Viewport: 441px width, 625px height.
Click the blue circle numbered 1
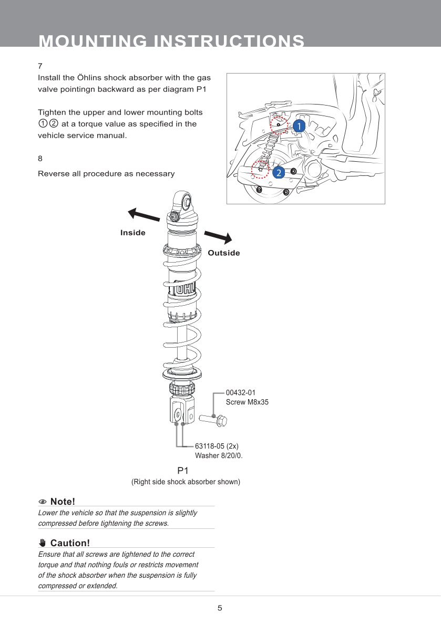tap(299, 126)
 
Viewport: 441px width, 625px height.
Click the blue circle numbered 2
tap(278, 172)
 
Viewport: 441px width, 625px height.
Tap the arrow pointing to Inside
tap(143, 215)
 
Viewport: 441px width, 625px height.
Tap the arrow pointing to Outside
tap(218, 237)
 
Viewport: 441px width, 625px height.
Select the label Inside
tap(133, 233)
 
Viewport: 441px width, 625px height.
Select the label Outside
tap(224, 253)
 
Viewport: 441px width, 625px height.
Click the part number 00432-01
tap(241, 392)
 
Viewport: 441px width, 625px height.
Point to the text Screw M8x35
tap(247, 402)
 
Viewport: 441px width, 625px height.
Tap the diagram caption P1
tap(183, 471)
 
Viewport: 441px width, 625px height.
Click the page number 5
tap(220, 608)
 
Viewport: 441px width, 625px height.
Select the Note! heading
tap(63, 502)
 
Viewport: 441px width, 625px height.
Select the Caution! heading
tap(70, 543)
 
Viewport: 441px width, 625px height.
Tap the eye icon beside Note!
tap(43, 502)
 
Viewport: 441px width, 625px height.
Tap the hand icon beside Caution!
tap(43, 543)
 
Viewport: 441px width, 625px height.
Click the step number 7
tap(40, 67)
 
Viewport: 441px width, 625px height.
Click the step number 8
tap(40, 158)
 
